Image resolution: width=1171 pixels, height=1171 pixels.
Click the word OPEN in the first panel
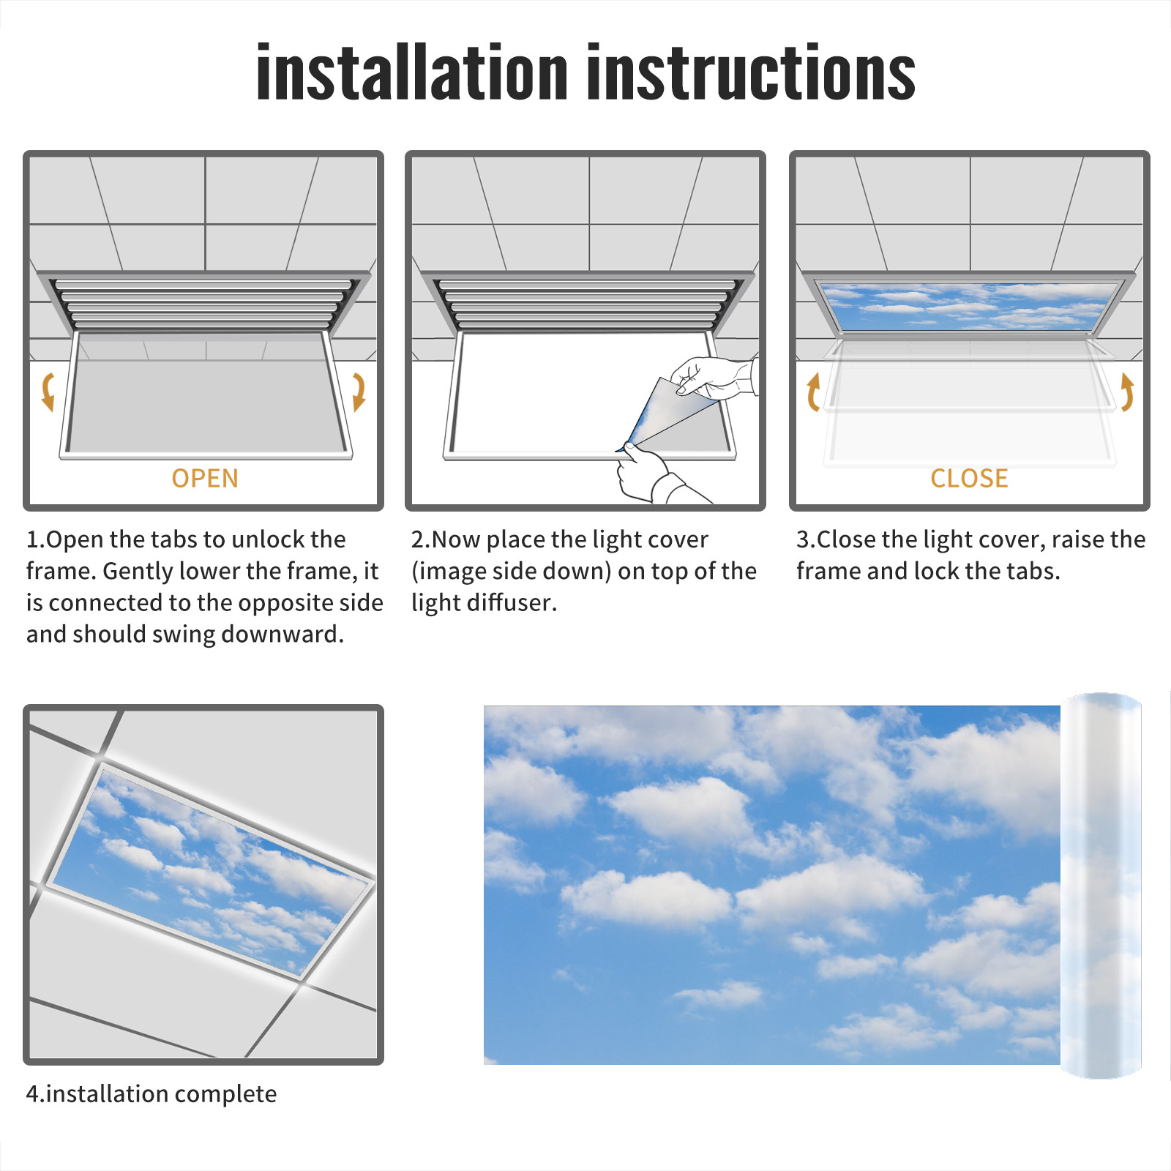[205, 479]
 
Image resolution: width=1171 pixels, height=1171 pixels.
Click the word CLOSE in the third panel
[969, 479]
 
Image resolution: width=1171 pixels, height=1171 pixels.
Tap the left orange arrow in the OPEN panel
[48, 392]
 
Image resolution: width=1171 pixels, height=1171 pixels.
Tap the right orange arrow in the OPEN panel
[359, 392]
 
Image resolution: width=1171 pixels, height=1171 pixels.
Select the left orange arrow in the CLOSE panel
[812, 392]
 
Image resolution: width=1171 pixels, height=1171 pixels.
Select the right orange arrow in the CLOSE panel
[1127, 392]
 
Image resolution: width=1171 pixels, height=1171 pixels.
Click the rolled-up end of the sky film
[1101, 886]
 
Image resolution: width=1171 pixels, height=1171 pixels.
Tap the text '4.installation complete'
[151, 1094]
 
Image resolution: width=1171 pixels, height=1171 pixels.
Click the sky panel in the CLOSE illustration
[969, 306]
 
